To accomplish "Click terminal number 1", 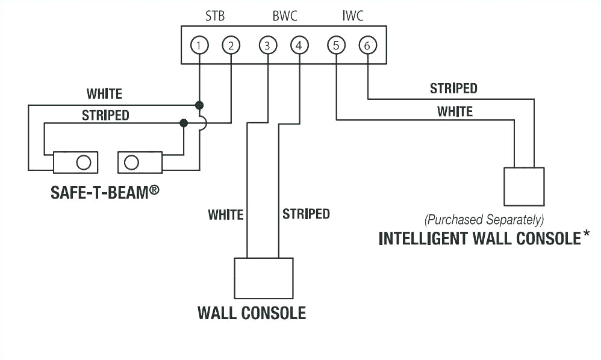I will click(199, 45).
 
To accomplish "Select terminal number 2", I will click(231, 45).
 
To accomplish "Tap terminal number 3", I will click(267, 45).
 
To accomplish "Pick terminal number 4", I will click(299, 45).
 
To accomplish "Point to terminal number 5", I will click(336, 45).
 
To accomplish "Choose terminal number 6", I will click(367, 45).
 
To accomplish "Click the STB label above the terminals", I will click(215, 16).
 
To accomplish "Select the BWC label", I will click(284, 16).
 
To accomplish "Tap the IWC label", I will click(353, 16).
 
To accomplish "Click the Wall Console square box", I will click(264, 278).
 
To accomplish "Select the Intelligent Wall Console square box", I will click(524, 187).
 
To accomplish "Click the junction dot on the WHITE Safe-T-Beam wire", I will click(199, 105).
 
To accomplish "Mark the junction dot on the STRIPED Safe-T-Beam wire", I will click(184, 123).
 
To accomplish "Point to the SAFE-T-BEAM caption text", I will click(105, 192).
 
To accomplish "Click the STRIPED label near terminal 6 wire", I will click(453, 88).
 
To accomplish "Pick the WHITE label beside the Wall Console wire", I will click(225, 214).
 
